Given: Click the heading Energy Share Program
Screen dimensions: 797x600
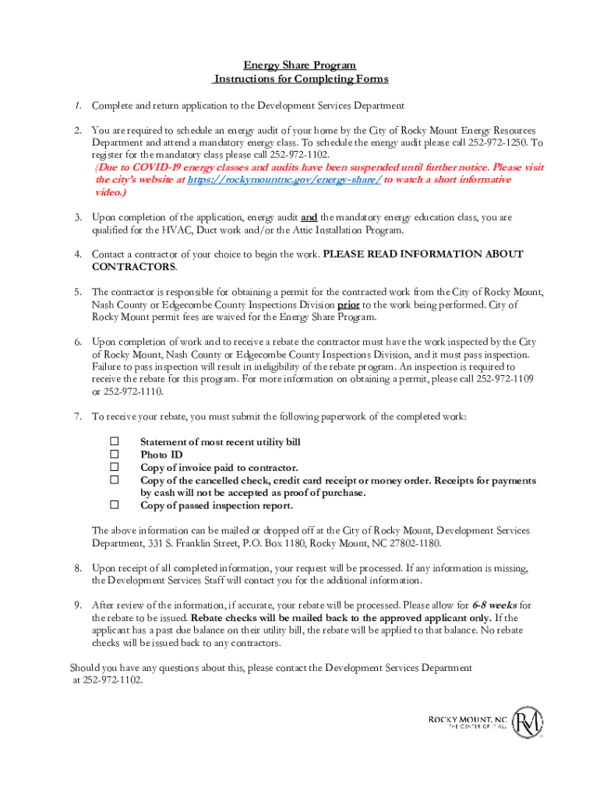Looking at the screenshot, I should [300, 66].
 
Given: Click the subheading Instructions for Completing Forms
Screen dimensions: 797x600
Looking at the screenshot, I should [300, 79].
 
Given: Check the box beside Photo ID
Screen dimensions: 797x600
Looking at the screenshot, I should [115, 455].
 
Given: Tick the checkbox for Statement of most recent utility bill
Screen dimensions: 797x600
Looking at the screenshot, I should [115, 442].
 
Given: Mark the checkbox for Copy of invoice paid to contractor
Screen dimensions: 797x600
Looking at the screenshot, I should [115, 467].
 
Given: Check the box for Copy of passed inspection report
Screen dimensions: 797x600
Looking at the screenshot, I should [115, 505].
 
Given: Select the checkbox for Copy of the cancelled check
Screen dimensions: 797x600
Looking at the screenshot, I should [115, 480].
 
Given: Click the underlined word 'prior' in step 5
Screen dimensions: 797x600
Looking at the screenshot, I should [348, 305].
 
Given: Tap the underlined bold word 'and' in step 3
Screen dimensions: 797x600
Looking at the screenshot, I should [309, 218].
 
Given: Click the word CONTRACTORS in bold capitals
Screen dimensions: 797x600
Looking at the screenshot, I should [133, 267].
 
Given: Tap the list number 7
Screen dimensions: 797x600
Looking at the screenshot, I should [78, 417].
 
